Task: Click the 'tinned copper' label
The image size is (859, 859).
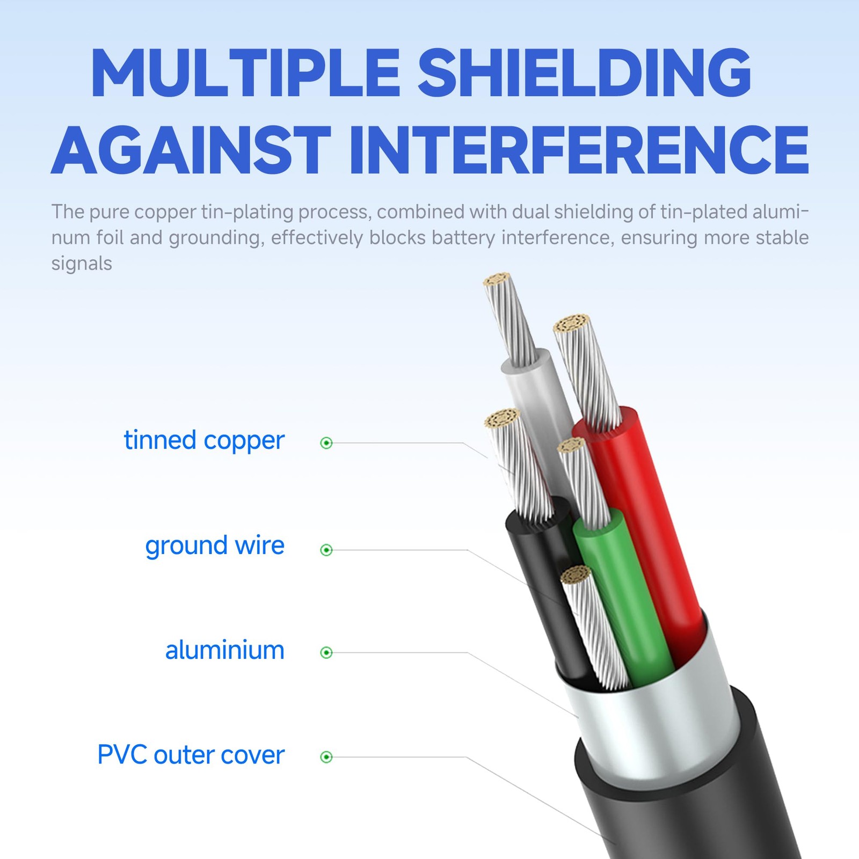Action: coord(204,441)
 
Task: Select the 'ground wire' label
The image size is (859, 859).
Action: coord(215,546)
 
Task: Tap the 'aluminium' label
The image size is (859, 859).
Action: coord(224,650)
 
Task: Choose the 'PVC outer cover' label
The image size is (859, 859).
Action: coord(191,755)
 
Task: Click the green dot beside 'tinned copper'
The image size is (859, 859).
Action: coord(326,443)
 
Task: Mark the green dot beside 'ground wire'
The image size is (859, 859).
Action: coord(326,550)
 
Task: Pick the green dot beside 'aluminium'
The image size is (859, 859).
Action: coord(326,652)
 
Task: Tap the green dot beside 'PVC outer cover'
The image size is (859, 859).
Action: coord(326,757)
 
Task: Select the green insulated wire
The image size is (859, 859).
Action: coord(623,596)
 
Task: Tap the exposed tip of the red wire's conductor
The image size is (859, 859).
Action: coord(572,325)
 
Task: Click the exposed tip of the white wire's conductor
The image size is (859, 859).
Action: coord(497,282)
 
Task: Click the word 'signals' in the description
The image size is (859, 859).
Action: coord(82,263)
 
